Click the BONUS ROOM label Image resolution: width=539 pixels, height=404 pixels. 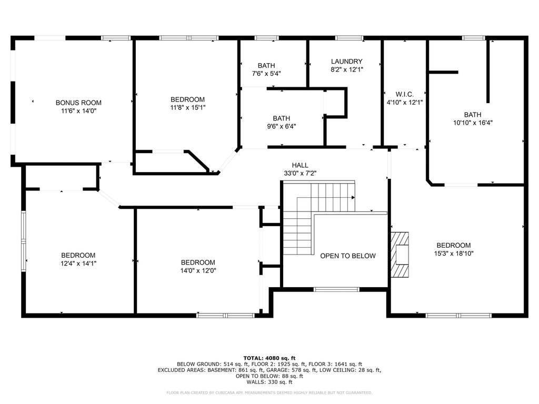pyautogui.click(x=78, y=103)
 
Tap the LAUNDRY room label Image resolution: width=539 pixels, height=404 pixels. pyautogui.click(x=346, y=62)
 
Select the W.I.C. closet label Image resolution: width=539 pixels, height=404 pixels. pyautogui.click(x=405, y=94)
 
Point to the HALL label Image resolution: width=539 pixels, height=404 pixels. pyautogui.click(x=300, y=165)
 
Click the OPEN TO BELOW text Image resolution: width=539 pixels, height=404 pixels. pyautogui.click(x=348, y=256)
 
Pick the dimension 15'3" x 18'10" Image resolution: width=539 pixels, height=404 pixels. pyautogui.click(x=454, y=254)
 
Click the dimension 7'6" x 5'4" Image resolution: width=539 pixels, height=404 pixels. pyautogui.click(x=266, y=74)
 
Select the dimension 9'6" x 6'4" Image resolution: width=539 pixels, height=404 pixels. pyautogui.click(x=282, y=126)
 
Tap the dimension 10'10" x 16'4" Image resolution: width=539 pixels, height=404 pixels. pyautogui.click(x=473, y=123)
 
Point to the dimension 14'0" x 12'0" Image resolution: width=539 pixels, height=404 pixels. pyautogui.click(x=198, y=271)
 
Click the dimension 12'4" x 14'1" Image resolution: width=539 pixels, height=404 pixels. pyautogui.click(x=78, y=264)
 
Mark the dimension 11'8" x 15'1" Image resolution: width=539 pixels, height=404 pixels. pyautogui.click(x=188, y=107)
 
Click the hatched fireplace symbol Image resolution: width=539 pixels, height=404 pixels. pyautogui.click(x=400, y=255)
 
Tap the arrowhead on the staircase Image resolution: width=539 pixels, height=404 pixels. pyautogui.click(x=353, y=198)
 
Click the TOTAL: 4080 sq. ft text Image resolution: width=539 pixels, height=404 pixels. pyautogui.click(x=269, y=358)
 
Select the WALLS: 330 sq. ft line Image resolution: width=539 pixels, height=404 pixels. pyautogui.click(x=269, y=382)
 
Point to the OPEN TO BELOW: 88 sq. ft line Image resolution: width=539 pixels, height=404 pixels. pyautogui.click(x=269, y=376)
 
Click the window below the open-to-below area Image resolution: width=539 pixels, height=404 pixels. pyautogui.click(x=336, y=290)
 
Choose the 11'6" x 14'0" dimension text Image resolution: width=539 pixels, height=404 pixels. pyautogui.click(x=79, y=111)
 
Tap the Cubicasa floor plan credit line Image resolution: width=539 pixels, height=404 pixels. pyautogui.click(x=269, y=392)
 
